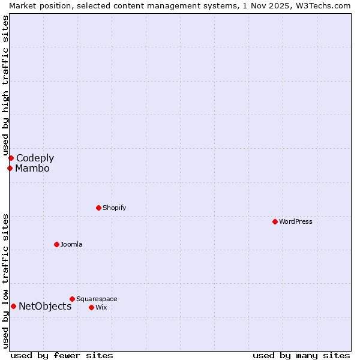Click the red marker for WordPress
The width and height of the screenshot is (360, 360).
point(275,221)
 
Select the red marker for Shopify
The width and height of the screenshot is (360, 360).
point(98,208)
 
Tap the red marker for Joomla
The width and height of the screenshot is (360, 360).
point(56,244)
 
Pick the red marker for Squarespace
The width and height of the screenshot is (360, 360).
point(72,299)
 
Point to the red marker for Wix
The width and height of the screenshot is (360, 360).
point(91,307)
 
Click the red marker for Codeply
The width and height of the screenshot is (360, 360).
point(11,158)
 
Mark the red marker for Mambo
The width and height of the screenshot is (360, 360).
point(10,168)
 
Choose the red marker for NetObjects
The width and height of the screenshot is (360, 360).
point(13,306)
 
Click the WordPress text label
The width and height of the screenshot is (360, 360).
point(295,221)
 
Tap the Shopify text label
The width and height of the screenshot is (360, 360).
point(114,208)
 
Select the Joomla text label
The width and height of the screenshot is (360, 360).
point(71,244)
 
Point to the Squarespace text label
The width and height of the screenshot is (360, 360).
point(97,299)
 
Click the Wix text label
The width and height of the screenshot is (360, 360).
point(101,307)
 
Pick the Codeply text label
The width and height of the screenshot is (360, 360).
point(35,158)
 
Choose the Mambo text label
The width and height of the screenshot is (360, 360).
point(32,168)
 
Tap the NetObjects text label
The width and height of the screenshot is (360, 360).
point(45,306)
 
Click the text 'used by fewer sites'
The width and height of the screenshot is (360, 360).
point(62,355)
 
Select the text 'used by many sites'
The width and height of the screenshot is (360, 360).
point(301,355)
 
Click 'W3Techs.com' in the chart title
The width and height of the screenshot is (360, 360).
point(326,5)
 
